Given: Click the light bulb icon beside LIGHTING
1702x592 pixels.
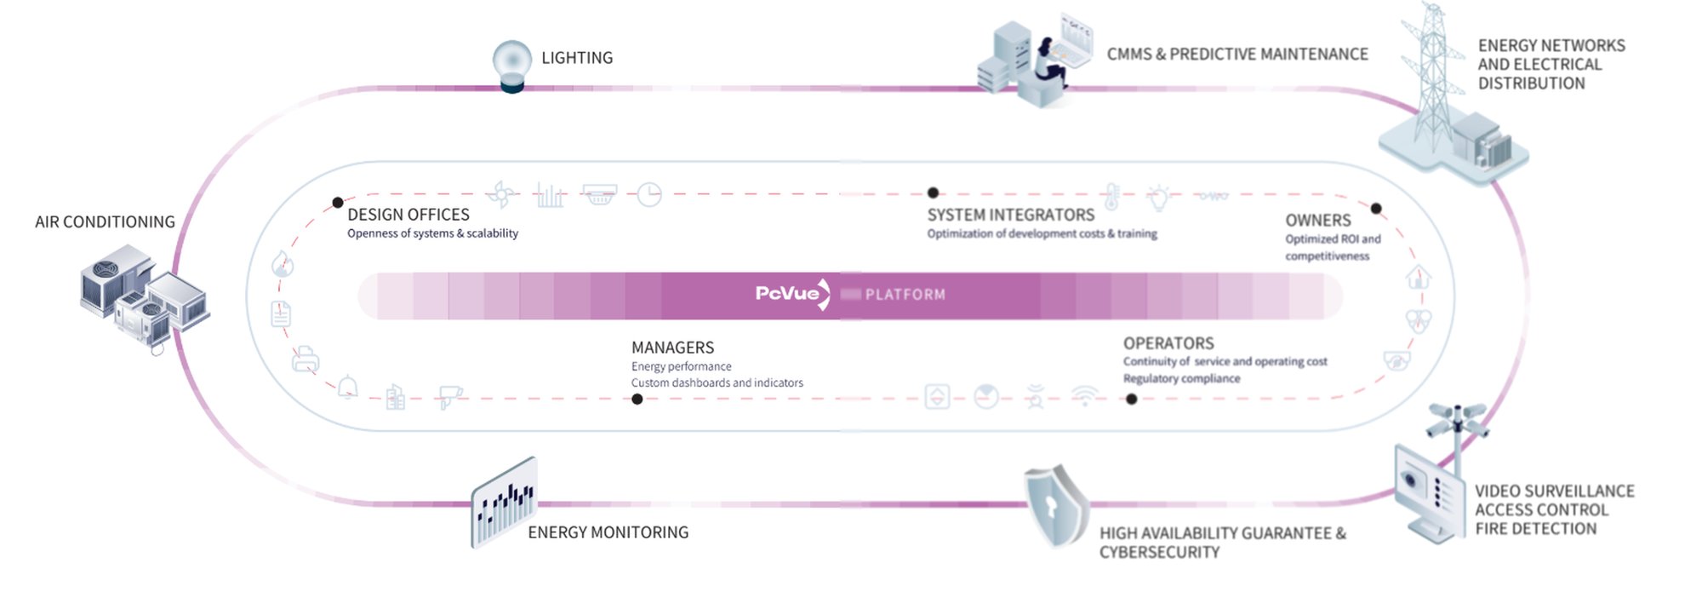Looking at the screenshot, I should [512, 65].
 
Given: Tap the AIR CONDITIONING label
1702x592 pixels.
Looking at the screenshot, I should [105, 222].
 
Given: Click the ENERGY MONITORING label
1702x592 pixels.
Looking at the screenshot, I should [608, 532].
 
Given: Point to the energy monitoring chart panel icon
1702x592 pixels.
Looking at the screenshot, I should [504, 503].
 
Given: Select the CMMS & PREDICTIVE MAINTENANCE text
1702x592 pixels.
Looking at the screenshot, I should [1237, 55].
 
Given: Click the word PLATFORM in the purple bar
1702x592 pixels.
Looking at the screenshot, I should [905, 295].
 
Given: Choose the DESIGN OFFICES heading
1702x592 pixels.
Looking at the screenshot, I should [408, 215].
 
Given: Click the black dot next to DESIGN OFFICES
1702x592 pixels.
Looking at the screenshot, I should [338, 203].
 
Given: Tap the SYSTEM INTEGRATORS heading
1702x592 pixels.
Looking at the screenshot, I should [1010, 215].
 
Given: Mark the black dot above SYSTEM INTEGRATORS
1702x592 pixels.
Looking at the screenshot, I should [933, 193].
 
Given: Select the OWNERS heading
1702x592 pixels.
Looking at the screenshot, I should [1317, 220].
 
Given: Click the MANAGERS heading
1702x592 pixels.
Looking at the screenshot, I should [672, 348].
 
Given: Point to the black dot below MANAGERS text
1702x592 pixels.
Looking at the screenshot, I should [637, 399].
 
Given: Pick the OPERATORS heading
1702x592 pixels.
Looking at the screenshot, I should [1168, 343].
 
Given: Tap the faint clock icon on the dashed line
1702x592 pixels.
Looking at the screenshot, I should [649, 195].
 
